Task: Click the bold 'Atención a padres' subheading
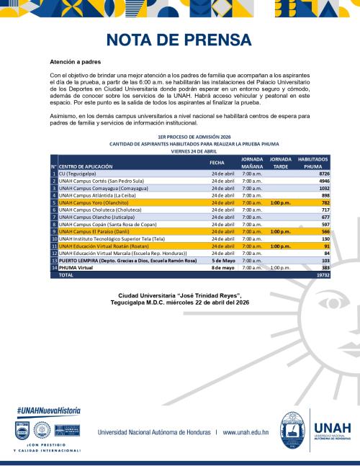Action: pyautogui.click(x=75, y=63)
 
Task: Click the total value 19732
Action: pyautogui.click(x=320, y=274)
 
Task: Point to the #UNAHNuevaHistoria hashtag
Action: pyautogui.click(x=48, y=411)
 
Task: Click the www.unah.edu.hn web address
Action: pyautogui.click(x=246, y=433)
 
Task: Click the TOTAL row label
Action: pyautogui.click(x=66, y=274)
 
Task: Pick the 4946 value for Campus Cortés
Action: pyautogui.click(x=321, y=181)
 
